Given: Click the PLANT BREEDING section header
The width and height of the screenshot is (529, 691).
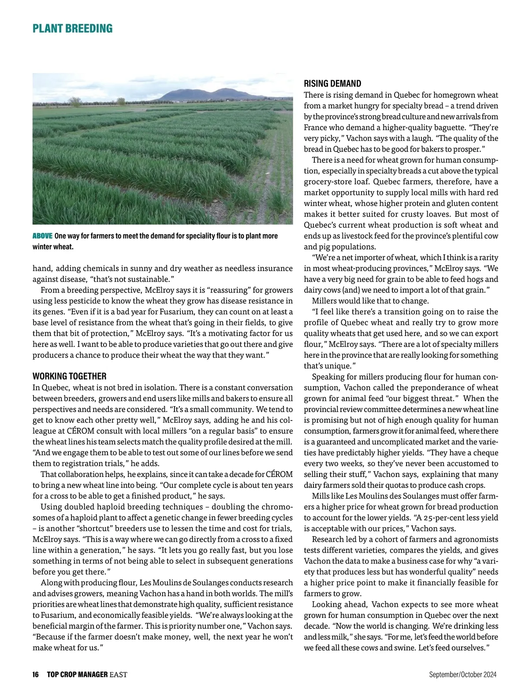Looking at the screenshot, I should point(72,29).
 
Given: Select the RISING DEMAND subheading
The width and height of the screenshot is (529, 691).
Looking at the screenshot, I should point(332,84).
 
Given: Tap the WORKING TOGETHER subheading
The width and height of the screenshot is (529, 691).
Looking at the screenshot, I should point(69,376).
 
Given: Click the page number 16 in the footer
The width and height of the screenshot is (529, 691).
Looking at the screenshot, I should point(36,674).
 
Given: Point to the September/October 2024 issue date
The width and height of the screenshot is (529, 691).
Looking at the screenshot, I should point(463,674).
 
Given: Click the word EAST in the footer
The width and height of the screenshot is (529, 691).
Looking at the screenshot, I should point(118,674).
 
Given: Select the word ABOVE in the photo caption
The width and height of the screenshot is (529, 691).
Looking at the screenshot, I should point(42,236).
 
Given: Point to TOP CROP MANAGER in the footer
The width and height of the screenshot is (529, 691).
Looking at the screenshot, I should point(77,674).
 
